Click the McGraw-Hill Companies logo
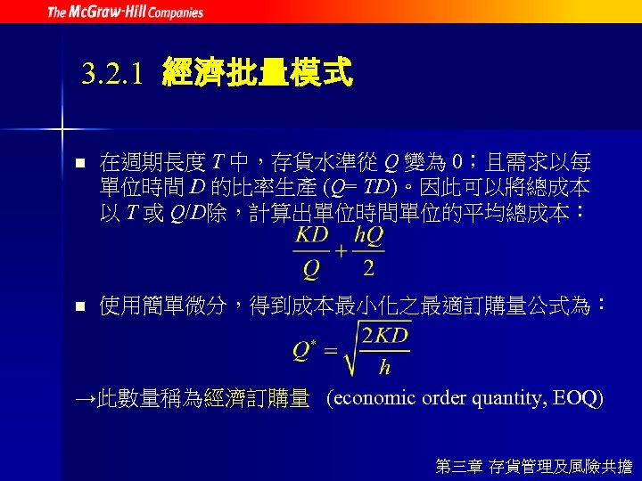point(125,12)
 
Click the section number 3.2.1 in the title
point(112,73)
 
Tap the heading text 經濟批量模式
point(258,72)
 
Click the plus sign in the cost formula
point(341,252)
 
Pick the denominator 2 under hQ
point(368,268)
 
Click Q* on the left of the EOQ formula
point(303,348)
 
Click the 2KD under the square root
point(385,335)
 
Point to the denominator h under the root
point(384,366)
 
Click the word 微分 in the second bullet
point(202,307)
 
